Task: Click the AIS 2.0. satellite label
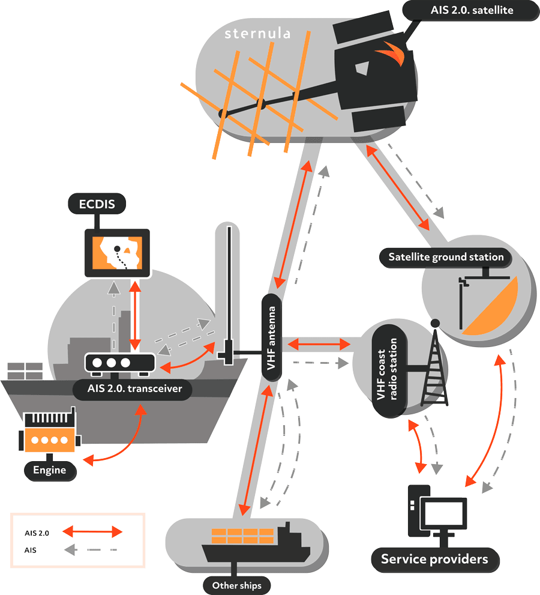pyautogui.click(x=472, y=10)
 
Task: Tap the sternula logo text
pyautogui.click(x=257, y=34)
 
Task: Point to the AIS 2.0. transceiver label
pyautogui.click(x=131, y=389)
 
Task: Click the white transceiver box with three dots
pyautogui.click(x=119, y=363)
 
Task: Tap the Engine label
pyautogui.click(x=50, y=470)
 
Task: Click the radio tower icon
pyautogui.click(x=434, y=366)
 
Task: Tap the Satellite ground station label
pyautogui.click(x=446, y=257)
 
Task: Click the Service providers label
pyautogui.click(x=434, y=560)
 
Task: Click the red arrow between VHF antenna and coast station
pyautogui.click(x=319, y=344)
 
